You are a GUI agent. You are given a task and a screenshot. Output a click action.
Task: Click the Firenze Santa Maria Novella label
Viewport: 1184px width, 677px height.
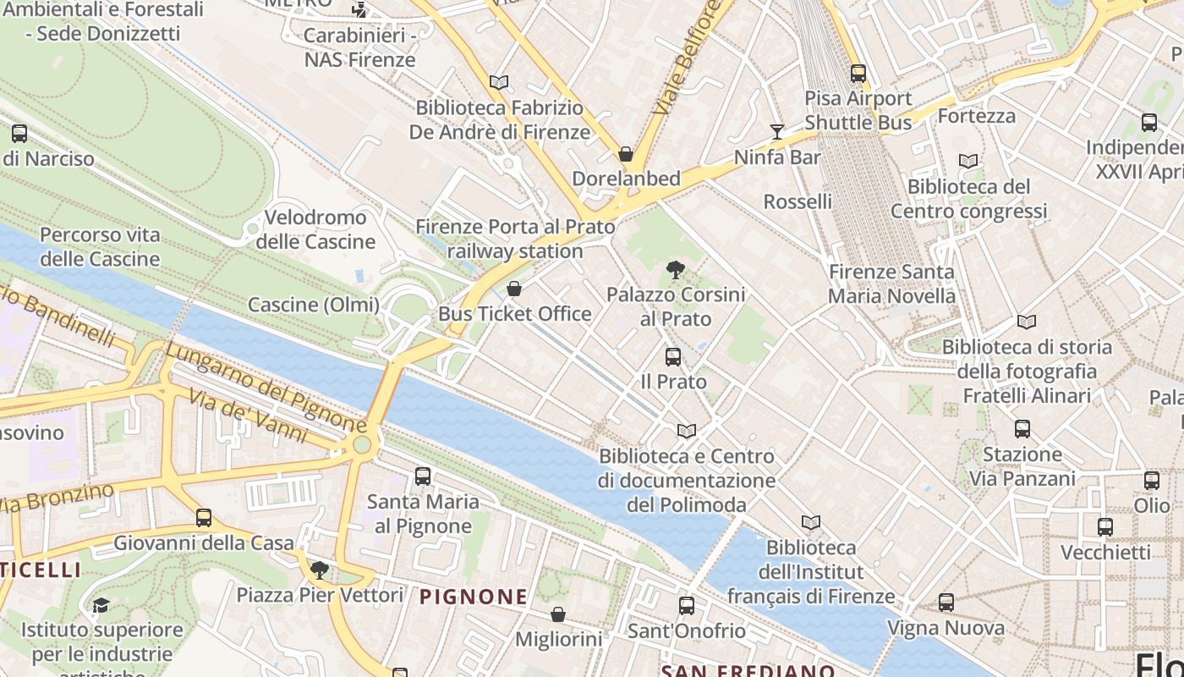891,284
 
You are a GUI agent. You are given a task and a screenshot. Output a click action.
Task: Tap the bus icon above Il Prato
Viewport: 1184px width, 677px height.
673,357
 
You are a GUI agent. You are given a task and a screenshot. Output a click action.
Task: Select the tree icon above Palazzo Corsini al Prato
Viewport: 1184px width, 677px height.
675,271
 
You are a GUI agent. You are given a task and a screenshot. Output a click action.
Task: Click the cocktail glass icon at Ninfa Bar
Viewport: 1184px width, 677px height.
777,131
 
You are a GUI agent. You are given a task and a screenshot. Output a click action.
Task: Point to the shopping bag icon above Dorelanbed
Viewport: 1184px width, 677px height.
626,154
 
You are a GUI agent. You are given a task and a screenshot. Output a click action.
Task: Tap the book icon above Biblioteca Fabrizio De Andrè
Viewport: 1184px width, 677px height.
499,83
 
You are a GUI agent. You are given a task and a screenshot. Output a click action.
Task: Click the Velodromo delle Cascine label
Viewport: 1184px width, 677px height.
315,229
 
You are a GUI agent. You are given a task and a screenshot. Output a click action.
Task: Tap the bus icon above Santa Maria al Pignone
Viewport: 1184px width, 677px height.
423,476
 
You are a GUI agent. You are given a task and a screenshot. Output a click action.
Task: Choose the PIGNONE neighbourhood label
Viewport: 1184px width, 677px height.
474,597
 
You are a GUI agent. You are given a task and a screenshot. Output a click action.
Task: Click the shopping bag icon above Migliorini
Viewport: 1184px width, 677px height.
558,614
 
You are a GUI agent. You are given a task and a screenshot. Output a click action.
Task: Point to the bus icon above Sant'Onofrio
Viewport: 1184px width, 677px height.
687,606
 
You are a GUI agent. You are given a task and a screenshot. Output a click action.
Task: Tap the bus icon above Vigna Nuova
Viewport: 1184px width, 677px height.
946,603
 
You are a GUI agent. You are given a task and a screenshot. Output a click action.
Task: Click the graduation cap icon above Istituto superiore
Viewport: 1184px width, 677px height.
101,605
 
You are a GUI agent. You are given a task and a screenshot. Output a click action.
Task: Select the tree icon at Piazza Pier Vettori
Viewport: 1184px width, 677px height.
320,570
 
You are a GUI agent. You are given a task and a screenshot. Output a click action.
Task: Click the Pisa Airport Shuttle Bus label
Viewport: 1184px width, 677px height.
858,111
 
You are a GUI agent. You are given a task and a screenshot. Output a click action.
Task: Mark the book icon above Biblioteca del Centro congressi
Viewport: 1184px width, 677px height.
968,161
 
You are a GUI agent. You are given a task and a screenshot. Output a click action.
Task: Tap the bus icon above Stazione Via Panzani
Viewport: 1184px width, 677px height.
1022,429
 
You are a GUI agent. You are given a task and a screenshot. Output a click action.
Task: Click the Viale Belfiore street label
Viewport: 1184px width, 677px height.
687,58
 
